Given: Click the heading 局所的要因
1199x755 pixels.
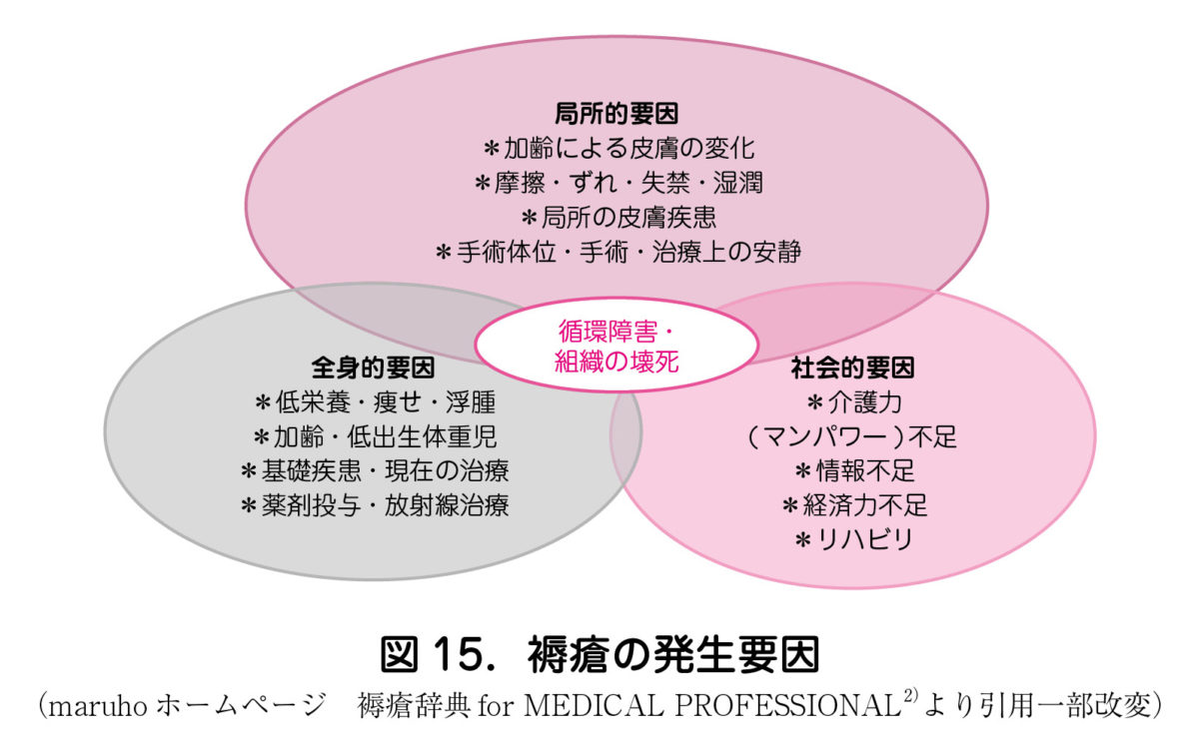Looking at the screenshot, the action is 616,114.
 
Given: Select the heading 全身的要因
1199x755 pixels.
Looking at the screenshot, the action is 373,369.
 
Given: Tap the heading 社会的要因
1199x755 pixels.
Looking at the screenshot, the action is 852,369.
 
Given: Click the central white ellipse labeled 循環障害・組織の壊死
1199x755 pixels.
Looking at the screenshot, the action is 616,346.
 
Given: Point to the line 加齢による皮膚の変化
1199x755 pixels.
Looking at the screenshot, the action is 619,148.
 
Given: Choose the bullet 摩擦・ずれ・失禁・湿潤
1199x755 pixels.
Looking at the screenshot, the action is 618,183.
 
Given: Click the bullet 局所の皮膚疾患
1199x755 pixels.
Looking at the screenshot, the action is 618,218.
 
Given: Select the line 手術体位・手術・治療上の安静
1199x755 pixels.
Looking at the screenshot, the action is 618,252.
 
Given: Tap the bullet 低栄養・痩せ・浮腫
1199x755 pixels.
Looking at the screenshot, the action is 376,402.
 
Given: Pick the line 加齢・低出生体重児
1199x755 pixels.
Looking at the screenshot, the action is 376,437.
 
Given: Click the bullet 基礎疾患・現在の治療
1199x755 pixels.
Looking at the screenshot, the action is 375,471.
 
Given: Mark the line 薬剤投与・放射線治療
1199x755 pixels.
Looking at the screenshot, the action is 375,505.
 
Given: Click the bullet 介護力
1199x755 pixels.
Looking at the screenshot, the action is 854,402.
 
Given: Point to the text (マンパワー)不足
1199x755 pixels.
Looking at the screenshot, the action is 851,437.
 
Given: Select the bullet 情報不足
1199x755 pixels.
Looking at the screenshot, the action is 855,471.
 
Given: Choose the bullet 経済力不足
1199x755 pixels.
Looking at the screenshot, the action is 855,505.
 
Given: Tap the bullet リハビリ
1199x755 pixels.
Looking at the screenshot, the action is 854,540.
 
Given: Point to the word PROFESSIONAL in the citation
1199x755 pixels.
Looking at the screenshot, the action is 788,705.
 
